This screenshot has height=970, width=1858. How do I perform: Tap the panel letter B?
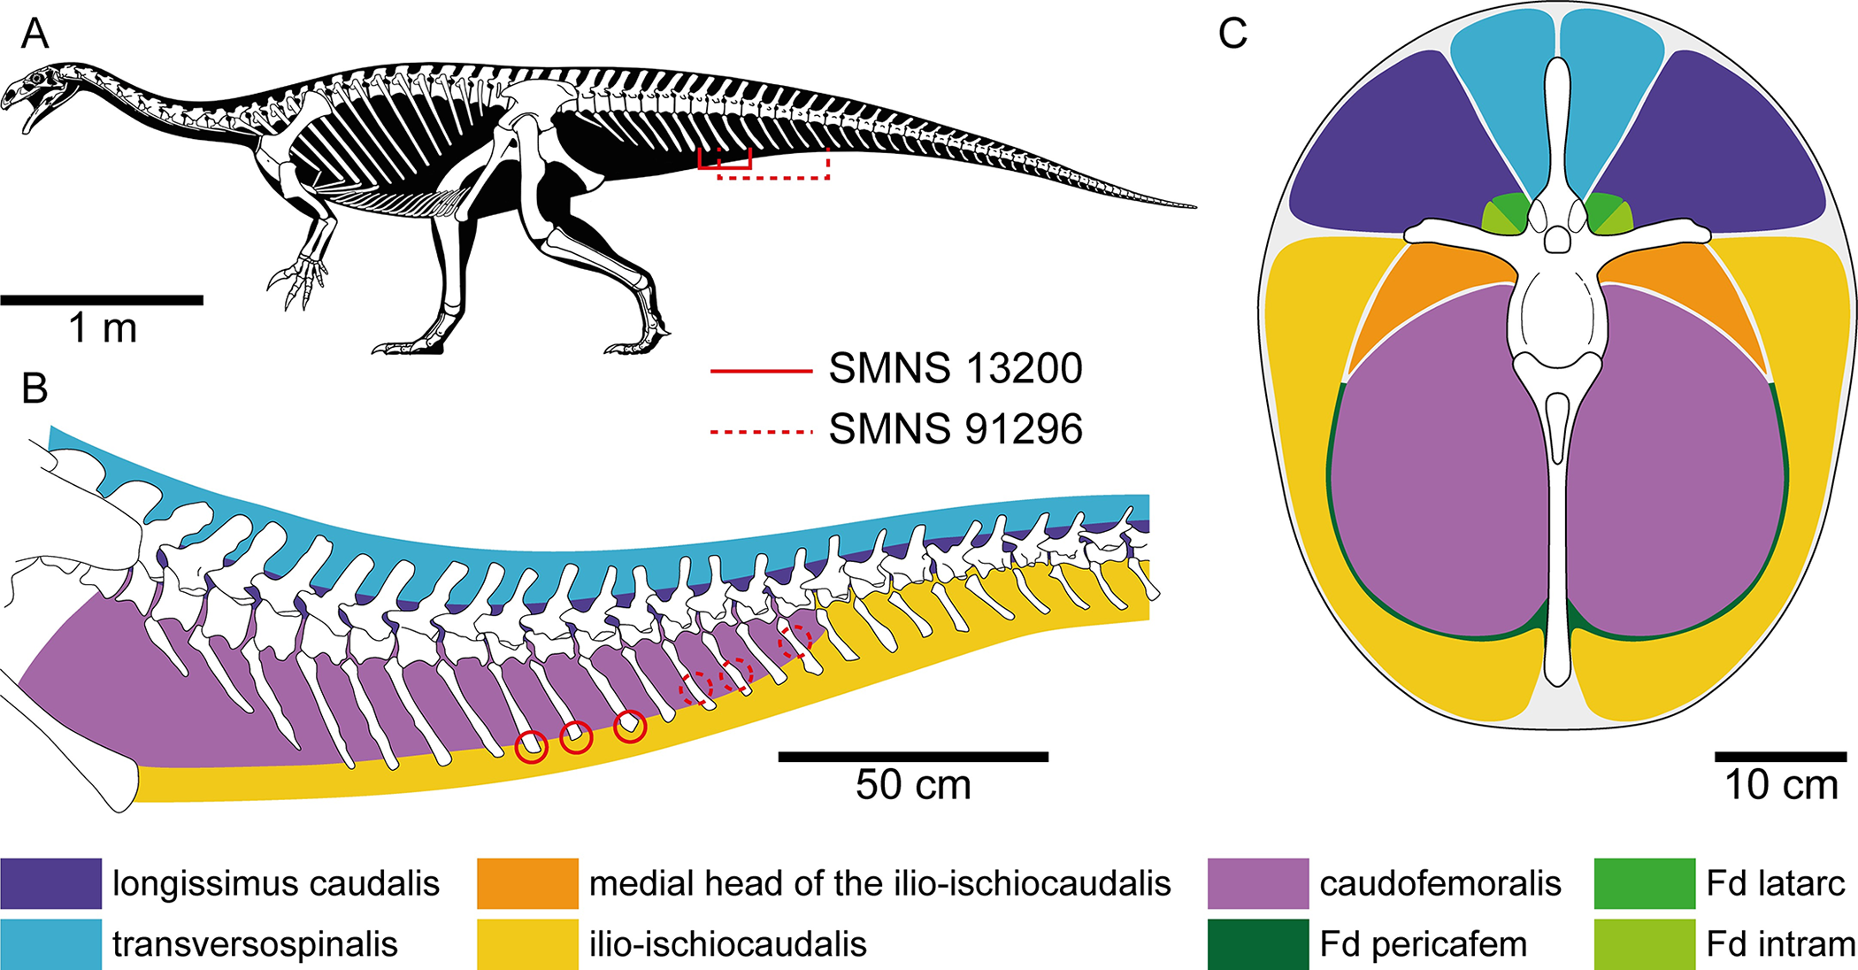35,388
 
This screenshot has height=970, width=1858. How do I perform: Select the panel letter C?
1232,34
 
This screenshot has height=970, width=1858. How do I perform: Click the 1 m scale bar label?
103,329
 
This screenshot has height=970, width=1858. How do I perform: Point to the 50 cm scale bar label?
913,785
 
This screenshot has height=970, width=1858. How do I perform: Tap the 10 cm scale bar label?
1781,785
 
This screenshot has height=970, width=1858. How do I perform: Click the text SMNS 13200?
956,369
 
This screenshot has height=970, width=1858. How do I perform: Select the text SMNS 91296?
956,429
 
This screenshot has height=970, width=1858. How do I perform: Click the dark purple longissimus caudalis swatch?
50,883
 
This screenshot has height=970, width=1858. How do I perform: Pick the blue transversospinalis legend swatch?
50,944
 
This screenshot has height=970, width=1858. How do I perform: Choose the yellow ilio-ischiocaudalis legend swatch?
527,944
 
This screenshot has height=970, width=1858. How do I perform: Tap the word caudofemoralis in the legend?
1440,883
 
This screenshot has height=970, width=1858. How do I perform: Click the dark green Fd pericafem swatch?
1257,944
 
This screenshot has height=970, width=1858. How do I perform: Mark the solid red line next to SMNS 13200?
761,372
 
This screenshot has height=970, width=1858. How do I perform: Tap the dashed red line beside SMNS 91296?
761,432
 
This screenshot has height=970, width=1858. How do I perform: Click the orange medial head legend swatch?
527,883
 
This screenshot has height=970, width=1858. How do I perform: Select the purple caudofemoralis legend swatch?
1257,883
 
